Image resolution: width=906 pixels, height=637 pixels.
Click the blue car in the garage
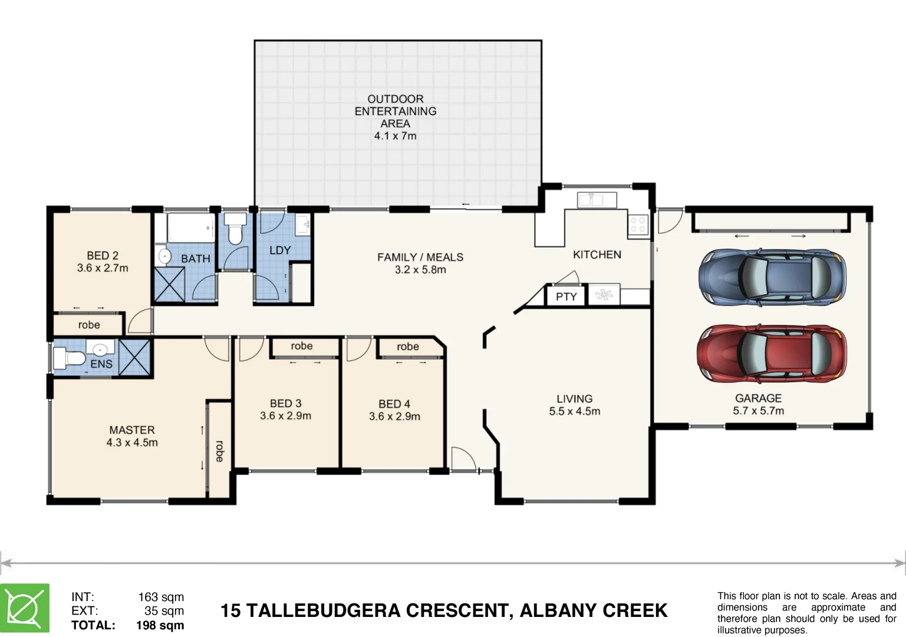click(x=772, y=277)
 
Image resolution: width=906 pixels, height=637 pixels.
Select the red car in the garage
click(x=772, y=354)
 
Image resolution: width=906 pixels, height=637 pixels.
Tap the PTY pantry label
click(x=566, y=297)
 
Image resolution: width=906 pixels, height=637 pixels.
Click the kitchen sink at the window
click(x=597, y=201)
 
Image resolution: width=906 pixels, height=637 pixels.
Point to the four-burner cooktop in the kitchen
click(x=638, y=225)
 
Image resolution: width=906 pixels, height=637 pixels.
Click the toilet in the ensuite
click(x=69, y=358)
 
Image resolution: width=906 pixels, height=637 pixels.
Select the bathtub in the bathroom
click(x=191, y=228)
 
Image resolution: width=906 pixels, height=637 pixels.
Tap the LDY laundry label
click(x=281, y=250)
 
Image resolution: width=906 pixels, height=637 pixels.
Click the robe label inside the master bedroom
click(x=219, y=451)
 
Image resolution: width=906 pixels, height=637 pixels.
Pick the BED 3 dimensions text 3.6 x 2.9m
click(x=285, y=416)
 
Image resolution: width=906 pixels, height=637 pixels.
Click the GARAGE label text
click(x=758, y=398)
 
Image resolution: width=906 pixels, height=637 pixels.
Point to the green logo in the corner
click(x=25, y=608)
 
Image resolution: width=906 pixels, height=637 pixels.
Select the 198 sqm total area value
click(x=160, y=625)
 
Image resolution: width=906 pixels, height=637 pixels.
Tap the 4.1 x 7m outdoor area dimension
click(x=395, y=136)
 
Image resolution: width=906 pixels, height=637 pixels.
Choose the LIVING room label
click(x=574, y=399)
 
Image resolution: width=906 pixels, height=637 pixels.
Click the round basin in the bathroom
click(x=164, y=256)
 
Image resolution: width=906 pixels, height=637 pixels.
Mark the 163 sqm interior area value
click(x=161, y=597)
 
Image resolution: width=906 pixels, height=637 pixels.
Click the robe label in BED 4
click(x=408, y=346)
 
